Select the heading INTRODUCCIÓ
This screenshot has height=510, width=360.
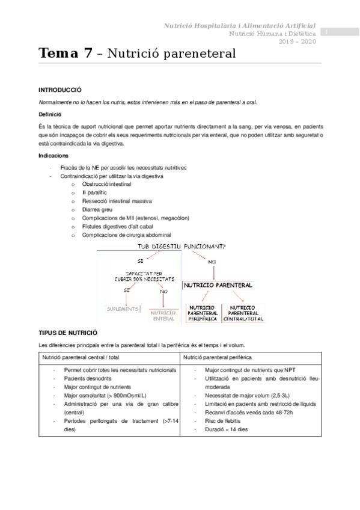tap(60, 89)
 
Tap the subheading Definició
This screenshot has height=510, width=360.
tap(50, 114)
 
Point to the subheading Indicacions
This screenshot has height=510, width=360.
tap(53, 156)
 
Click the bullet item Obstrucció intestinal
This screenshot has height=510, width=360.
tap(106, 184)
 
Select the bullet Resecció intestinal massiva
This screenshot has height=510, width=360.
tap(117, 201)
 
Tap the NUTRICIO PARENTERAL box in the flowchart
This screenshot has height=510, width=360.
tap(218, 285)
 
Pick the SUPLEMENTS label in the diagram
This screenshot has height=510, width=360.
tap(123, 309)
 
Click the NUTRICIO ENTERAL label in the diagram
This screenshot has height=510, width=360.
tap(163, 316)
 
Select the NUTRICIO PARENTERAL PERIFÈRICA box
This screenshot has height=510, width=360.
tap(202, 313)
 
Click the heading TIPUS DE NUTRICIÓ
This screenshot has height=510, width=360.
tap(68, 333)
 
